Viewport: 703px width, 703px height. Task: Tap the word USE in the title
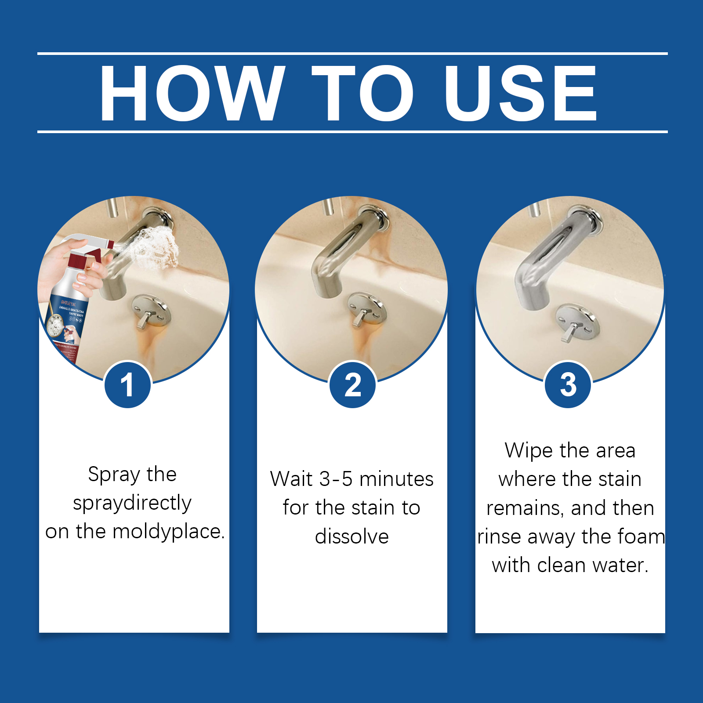pos(520,93)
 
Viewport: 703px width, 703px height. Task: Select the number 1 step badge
pos(127,385)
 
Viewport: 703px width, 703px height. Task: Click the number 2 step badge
pos(353,385)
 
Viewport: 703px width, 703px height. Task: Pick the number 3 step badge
pos(568,385)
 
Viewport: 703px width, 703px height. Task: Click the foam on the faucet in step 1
pos(156,248)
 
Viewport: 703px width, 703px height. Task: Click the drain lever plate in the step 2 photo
pos(367,309)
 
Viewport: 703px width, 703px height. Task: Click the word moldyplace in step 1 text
pos(169,532)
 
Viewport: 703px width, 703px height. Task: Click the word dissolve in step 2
pos(352,536)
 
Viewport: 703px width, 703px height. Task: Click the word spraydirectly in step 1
pos(132,503)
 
